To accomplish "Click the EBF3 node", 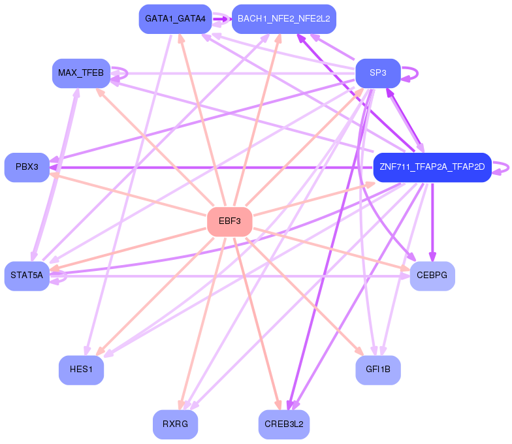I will [x=229, y=221].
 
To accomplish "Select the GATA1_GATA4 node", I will [x=175, y=19].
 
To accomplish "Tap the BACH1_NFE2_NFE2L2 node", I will [x=283, y=19].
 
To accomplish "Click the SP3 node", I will [x=377, y=72].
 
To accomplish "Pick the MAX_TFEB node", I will [x=80, y=72].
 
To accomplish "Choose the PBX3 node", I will [x=27, y=167].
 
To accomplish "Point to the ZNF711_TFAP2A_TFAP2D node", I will [x=432, y=167].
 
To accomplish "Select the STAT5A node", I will [x=27, y=276].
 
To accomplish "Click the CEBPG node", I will [x=432, y=276].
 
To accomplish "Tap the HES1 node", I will [x=81, y=370].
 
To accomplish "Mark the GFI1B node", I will [x=377, y=370].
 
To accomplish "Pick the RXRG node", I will [x=175, y=424].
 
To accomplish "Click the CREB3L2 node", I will [x=283, y=424].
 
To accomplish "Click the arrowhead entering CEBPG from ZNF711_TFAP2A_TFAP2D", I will [x=432, y=257].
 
